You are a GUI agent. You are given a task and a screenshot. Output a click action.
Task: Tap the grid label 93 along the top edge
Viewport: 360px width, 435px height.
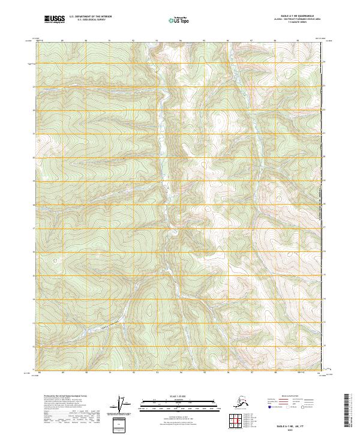[x=157, y=41]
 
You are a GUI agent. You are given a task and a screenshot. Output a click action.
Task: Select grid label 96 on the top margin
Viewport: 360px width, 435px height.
[x=228, y=41]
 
